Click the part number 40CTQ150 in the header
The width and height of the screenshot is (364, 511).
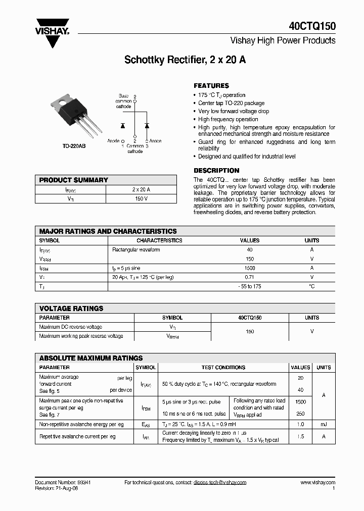[x=312, y=26]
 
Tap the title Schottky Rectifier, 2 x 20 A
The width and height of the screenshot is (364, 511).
[x=185, y=60]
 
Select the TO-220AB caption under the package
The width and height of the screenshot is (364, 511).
[x=74, y=146]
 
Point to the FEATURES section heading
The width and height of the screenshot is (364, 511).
[x=211, y=86]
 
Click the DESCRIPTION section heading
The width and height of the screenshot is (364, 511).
[x=216, y=171]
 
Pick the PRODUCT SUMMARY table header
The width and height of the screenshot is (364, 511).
[x=74, y=180]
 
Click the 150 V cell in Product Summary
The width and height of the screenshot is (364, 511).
[x=141, y=199]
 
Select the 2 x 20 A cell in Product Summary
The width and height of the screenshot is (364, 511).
[x=141, y=189]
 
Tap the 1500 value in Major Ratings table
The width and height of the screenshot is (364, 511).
[x=249, y=269]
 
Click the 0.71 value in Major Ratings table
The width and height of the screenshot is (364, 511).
[x=249, y=278]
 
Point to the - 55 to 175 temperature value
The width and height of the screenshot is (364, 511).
[x=249, y=287]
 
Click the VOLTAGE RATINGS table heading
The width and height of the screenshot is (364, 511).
[x=71, y=309]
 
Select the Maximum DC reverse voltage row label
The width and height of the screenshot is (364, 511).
[x=70, y=327]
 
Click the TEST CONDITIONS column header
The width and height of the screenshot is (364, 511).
[x=223, y=368]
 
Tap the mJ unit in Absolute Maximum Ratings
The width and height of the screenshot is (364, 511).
[x=324, y=425]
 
